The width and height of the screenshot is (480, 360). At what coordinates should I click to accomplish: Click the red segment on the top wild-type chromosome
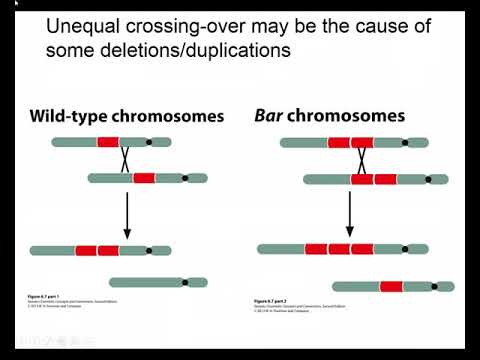click(108, 142)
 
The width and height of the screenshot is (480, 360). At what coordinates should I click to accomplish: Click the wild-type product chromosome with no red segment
click(157, 282)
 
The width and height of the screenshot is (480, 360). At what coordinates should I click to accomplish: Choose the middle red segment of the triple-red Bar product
click(340, 248)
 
